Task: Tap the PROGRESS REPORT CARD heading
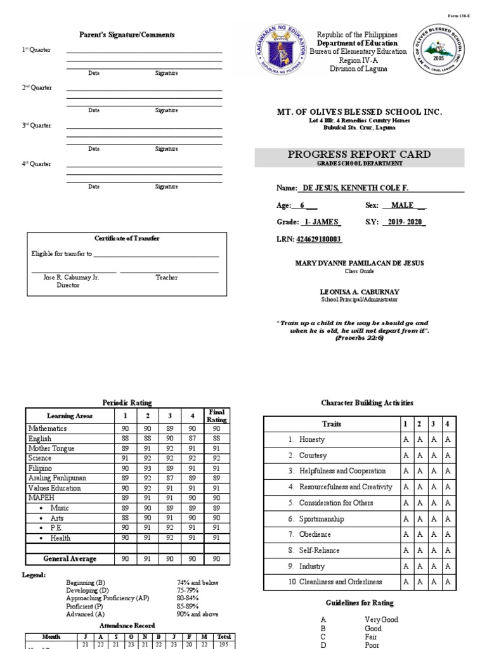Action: pyautogui.click(x=359, y=155)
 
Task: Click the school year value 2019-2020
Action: pyautogui.click(x=404, y=222)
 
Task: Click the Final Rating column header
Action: pyautogui.click(x=217, y=416)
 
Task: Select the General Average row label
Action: pyautogui.click(x=70, y=558)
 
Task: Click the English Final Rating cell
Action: pyautogui.click(x=217, y=439)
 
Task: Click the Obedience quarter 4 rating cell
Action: pyautogui.click(x=448, y=534)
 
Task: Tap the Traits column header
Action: pyautogui.click(x=331, y=423)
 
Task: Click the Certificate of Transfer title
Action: pyautogui.click(x=127, y=238)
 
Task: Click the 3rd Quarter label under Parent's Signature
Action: pyautogui.click(x=37, y=125)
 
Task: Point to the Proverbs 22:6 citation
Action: pyautogui.click(x=359, y=338)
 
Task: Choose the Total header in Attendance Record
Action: pyautogui.click(x=224, y=636)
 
